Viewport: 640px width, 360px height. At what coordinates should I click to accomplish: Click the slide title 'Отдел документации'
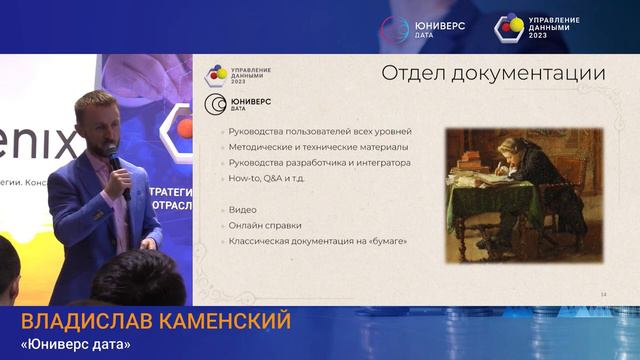coord(493,73)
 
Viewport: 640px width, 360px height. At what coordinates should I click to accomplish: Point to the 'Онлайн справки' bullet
coord(264,226)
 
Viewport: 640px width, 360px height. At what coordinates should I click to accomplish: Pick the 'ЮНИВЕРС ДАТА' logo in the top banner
coord(408,27)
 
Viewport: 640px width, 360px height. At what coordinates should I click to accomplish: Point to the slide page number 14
coord(603,293)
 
